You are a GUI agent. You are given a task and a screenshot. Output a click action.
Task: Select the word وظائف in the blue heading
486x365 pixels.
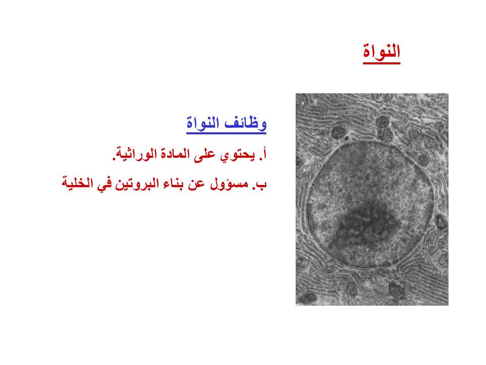pyautogui.click(x=246, y=123)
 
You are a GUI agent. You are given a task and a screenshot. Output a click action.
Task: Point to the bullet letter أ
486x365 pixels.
pyautogui.click(x=264, y=153)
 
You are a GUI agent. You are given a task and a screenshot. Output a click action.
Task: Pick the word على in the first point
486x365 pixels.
pyautogui.click(x=205, y=154)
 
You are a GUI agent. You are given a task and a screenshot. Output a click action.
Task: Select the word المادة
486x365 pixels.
pyautogui.click(x=175, y=154)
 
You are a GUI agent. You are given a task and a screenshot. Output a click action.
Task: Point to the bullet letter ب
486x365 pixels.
pyautogui.click(x=263, y=185)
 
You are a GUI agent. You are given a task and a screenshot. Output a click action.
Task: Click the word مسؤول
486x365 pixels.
pyautogui.click(x=229, y=184)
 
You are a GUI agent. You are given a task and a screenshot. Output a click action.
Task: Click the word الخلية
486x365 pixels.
pyautogui.click(x=77, y=183)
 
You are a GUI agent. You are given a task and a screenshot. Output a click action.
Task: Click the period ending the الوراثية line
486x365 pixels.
pyautogui.click(x=113, y=159)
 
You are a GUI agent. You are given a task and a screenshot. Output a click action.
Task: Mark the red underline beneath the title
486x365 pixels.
pyautogui.click(x=382, y=63)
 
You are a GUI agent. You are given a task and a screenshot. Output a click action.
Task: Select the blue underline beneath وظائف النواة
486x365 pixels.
pyautogui.click(x=226, y=133)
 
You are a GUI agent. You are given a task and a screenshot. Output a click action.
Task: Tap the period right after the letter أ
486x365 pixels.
pyautogui.click(x=260, y=159)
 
